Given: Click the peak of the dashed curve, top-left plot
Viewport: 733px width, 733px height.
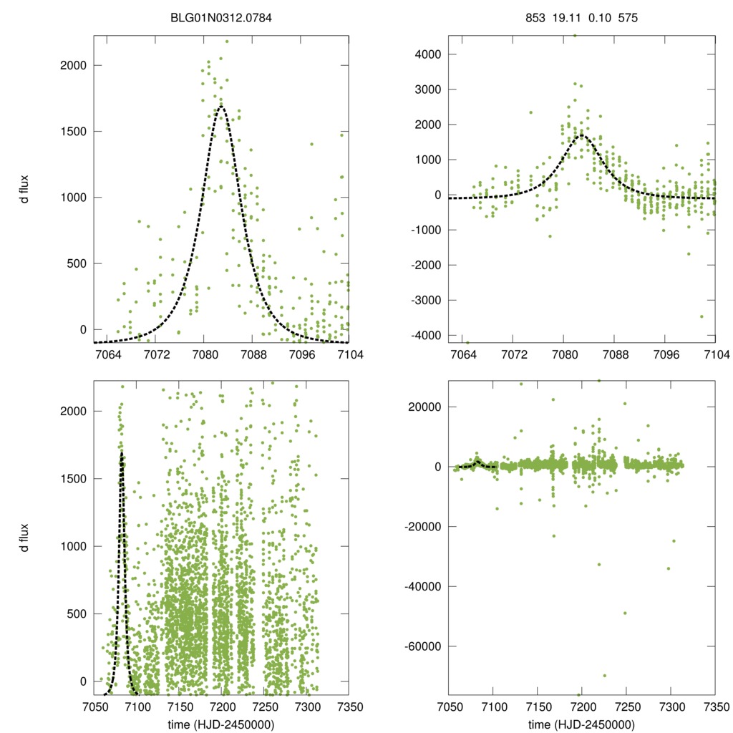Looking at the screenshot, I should point(221,107).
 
